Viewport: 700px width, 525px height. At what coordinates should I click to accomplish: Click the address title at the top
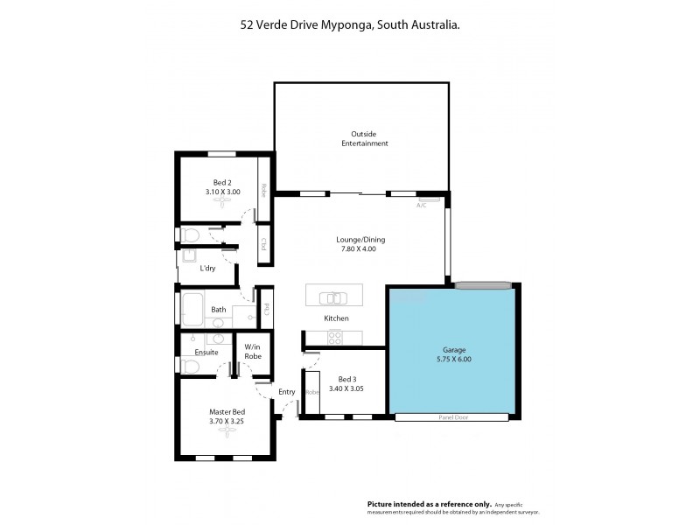(x=350, y=26)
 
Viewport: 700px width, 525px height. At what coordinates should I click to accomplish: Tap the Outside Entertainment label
(x=364, y=138)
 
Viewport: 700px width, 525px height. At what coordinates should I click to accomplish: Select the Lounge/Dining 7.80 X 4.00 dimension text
(x=360, y=249)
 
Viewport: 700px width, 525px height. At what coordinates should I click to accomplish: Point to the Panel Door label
(x=451, y=417)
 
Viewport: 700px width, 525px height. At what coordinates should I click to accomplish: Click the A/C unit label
(x=422, y=205)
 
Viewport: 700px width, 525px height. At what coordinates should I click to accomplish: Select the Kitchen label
(x=337, y=318)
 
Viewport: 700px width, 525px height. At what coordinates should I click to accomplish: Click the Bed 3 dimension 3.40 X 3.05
(x=346, y=388)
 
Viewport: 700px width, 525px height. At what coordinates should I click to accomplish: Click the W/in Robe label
(x=253, y=352)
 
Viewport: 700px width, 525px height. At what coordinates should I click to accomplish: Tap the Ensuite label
(x=206, y=352)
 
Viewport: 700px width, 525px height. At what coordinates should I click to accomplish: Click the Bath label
(x=219, y=309)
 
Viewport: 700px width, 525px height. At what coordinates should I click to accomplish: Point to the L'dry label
(x=208, y=268)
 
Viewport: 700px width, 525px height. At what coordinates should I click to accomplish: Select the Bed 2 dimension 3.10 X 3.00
(x=223, y=191)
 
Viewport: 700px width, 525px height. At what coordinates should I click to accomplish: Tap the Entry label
(x=287, y=391)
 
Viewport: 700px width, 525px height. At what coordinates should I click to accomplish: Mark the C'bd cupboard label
(x=262, y=244)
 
